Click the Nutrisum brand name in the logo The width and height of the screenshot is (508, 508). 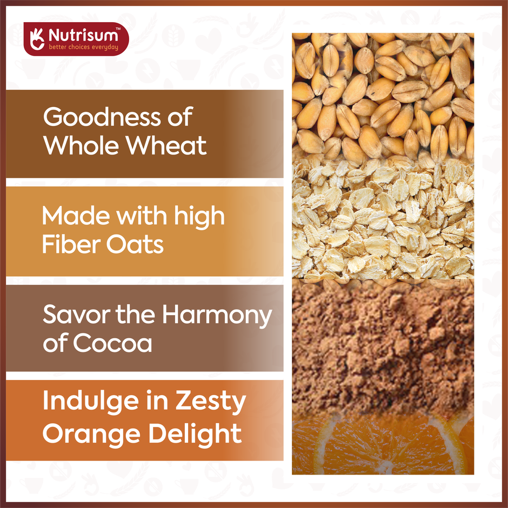point(83,36)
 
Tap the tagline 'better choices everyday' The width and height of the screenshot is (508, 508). point(83,47)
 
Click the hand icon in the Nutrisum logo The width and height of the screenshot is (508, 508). point(37,38)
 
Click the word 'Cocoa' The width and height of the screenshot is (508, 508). point(112,344)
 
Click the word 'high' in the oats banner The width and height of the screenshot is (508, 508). point(199,217)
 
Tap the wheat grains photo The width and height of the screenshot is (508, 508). point(383,95)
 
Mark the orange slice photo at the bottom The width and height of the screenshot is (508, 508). point(383,446)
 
